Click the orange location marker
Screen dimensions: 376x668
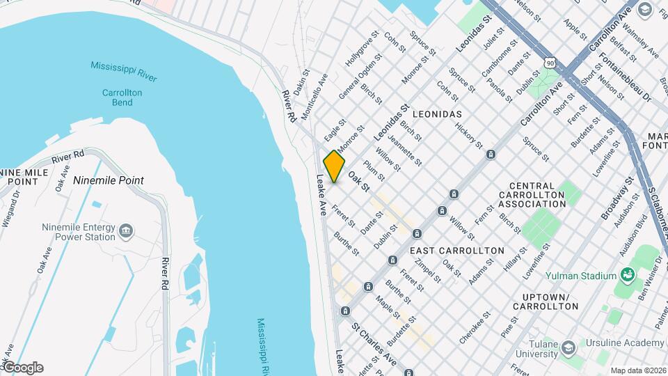point(334,166)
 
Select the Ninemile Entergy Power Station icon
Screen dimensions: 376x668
point(126,230)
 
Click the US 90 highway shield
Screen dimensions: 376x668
point(551,63)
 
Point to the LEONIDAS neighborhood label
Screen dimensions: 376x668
point(437,113)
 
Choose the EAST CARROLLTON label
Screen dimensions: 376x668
point(456,250)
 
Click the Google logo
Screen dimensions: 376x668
point(23,368)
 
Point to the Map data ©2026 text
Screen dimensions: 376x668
point(638,370)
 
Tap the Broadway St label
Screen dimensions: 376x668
point(616,197)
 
